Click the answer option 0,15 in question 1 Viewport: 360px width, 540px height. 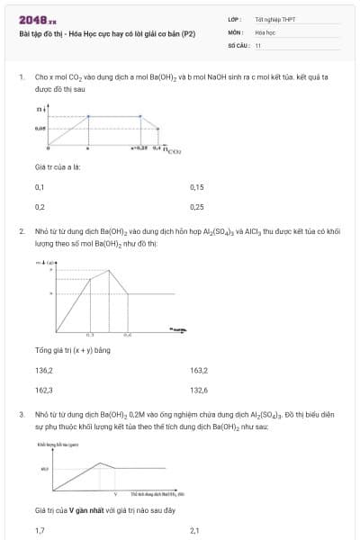[197, 187]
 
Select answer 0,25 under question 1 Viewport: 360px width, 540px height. [197, 206]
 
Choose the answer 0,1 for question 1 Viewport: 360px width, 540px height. [39, 187]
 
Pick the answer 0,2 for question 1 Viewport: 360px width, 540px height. [40, 206]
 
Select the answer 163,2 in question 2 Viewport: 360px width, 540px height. [199, 370]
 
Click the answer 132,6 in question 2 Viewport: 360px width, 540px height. [199, 390]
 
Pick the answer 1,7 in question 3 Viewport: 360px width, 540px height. [39, 531]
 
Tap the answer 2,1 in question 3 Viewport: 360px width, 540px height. [194, 531]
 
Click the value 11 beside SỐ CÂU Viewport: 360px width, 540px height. [258, 44]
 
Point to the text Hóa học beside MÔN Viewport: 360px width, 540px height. [265, 31]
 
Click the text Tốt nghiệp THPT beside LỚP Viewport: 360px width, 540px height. [274, 19]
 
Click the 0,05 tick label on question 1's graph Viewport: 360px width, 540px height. [40, 130]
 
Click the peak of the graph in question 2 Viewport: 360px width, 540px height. [107, 267]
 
